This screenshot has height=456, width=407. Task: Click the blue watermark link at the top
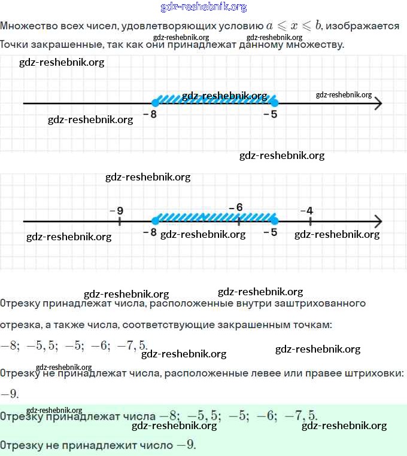pos(203,7)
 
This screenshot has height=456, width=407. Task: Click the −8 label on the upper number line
pos(150,114)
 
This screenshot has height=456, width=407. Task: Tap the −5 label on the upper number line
pos(270,114)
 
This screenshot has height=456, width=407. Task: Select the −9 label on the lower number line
pos(117,210)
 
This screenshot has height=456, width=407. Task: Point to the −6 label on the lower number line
pos(236,207)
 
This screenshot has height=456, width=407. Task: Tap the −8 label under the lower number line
pos(150,232)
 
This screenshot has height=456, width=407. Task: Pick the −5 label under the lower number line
pos(270,232)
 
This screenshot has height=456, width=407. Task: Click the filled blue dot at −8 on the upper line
pos(156,103)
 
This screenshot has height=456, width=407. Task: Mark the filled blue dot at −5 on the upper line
pos(274,103)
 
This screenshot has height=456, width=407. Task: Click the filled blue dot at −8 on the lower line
pos(156,221)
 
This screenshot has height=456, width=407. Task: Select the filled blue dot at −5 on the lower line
pos(274,221)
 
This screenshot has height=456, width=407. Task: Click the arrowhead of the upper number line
pos(377,103)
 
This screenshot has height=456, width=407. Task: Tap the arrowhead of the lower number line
pos(377,221)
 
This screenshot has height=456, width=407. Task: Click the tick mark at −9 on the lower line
pos(120,221)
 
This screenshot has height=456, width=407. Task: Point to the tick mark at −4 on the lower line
pos(310,221)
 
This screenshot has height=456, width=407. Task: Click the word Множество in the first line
pos(28,26)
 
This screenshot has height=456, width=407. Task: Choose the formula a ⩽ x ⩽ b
pos(294,26)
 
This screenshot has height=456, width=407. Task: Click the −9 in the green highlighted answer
pos(185,445)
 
